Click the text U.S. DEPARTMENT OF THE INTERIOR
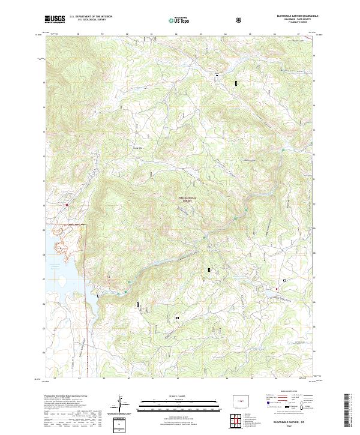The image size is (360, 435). click(x=91, y=17)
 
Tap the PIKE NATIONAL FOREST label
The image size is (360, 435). click(x=187, y=199)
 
